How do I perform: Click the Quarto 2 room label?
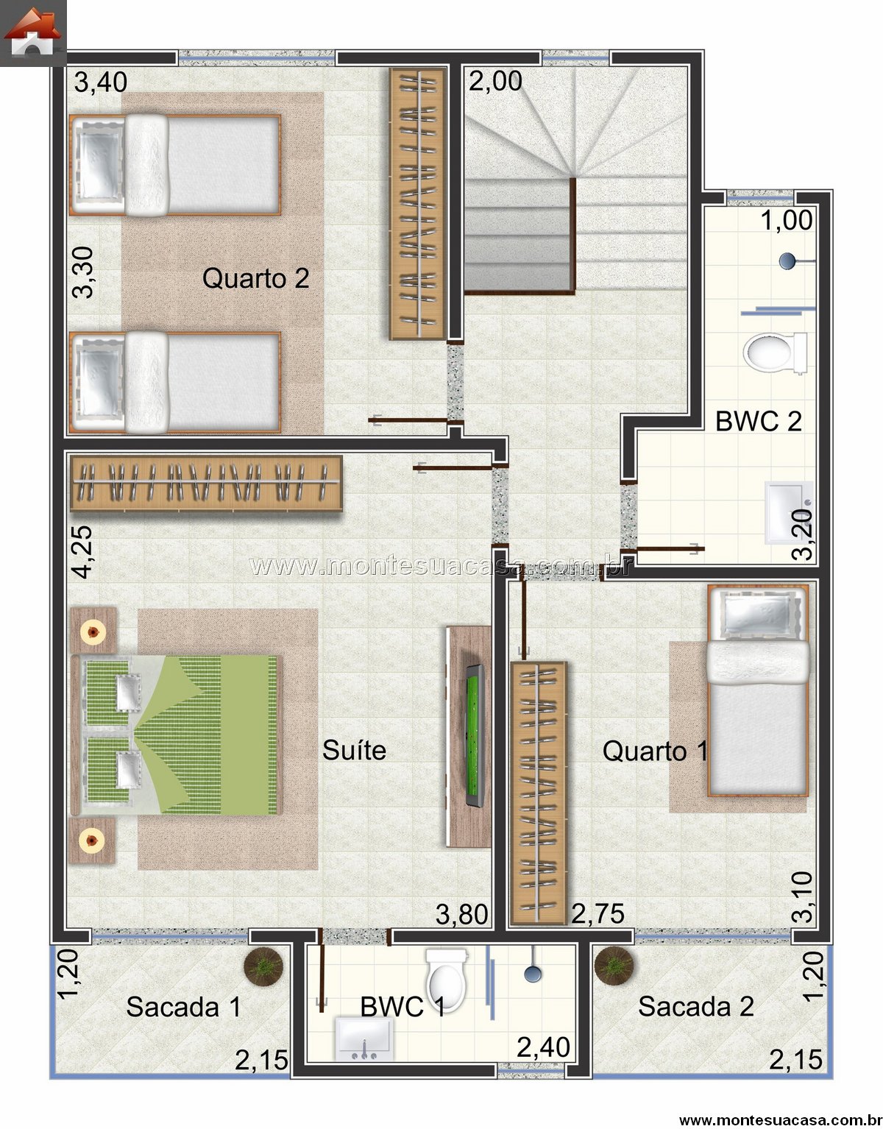click(255, 278)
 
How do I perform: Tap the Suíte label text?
click(354, 750)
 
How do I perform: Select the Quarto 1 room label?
click(655, 751)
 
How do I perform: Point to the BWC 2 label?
click(759, 421)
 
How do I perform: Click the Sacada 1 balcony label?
click(183, 1007)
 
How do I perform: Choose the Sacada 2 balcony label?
click(696, 1006)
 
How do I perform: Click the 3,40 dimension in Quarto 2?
click(101, 82)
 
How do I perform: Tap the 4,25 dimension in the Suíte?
click(82, 552)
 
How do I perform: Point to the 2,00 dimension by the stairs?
click(495, 81)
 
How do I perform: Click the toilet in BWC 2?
click(774, 353)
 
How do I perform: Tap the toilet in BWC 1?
click(447, 978)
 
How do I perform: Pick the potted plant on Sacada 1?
click(264, 966)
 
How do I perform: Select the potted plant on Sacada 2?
click(614, 966)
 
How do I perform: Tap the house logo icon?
click(32, 32)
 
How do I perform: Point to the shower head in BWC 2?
click(787, 261)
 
